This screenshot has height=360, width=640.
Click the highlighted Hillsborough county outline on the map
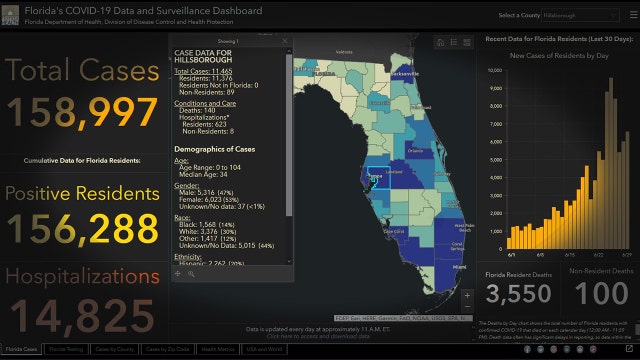tap(375, 178)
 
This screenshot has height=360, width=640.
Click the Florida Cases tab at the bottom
tap(21, 350)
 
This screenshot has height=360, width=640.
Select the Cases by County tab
tap(116, 350)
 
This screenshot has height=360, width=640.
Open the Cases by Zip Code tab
tap(166, 350)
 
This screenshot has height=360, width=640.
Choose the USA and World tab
tap(265, 350)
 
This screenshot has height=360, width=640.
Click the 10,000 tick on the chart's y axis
tap(494, 72)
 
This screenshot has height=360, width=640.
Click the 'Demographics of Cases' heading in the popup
tap(217, 148)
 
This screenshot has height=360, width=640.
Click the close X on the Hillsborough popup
tap(285, 41)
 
